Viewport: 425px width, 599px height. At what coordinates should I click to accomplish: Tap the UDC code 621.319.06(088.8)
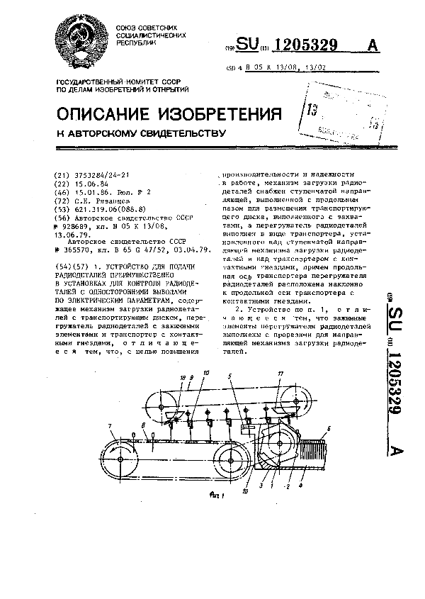point(99,210)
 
